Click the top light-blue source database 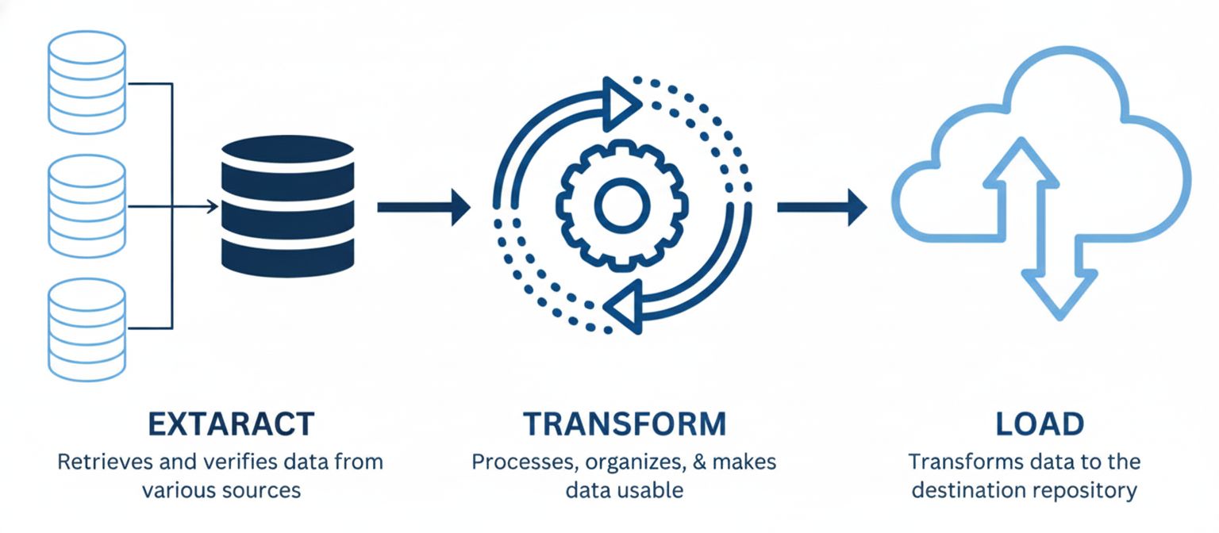(x=87, y=82)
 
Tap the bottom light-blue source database (x=87, y=330)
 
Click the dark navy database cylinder (x=287, y=205)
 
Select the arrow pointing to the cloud (x=821, y=207)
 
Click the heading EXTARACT (x=231, y=424)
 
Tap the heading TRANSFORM (x=624, y=424)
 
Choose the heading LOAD (x=1040, y=424)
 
